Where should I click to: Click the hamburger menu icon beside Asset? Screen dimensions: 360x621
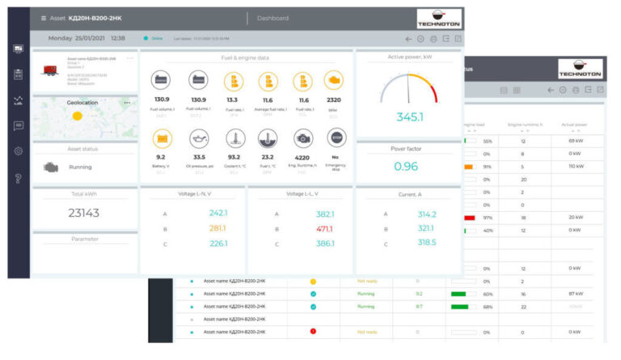coord(44,18)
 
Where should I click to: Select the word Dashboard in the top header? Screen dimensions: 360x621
coord(272,18)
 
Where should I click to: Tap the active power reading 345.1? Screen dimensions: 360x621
coord(409,117)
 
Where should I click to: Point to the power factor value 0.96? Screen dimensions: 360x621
coord(406,167)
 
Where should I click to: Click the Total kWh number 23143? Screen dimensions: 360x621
coord(84,213)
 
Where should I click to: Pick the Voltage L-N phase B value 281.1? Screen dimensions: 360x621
coord(218,228)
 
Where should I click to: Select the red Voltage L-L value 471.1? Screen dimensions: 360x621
coord(325,228)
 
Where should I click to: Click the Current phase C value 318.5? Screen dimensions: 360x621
coord(427,243)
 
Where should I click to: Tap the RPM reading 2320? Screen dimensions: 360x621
coord(332,100)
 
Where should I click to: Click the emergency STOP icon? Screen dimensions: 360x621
coord(336,138)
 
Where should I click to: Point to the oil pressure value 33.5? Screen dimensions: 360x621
coord(199,157)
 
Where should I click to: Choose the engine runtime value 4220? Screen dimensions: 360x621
coord(302,157)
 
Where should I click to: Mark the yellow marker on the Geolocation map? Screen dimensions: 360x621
coord(78,116)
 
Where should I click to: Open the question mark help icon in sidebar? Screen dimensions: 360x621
coord(18,178)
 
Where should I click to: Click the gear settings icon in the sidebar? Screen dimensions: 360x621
coord(18,151)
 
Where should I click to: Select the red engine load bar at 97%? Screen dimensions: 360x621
coord(469,218)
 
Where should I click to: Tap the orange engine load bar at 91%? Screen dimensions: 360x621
coord(468,167)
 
